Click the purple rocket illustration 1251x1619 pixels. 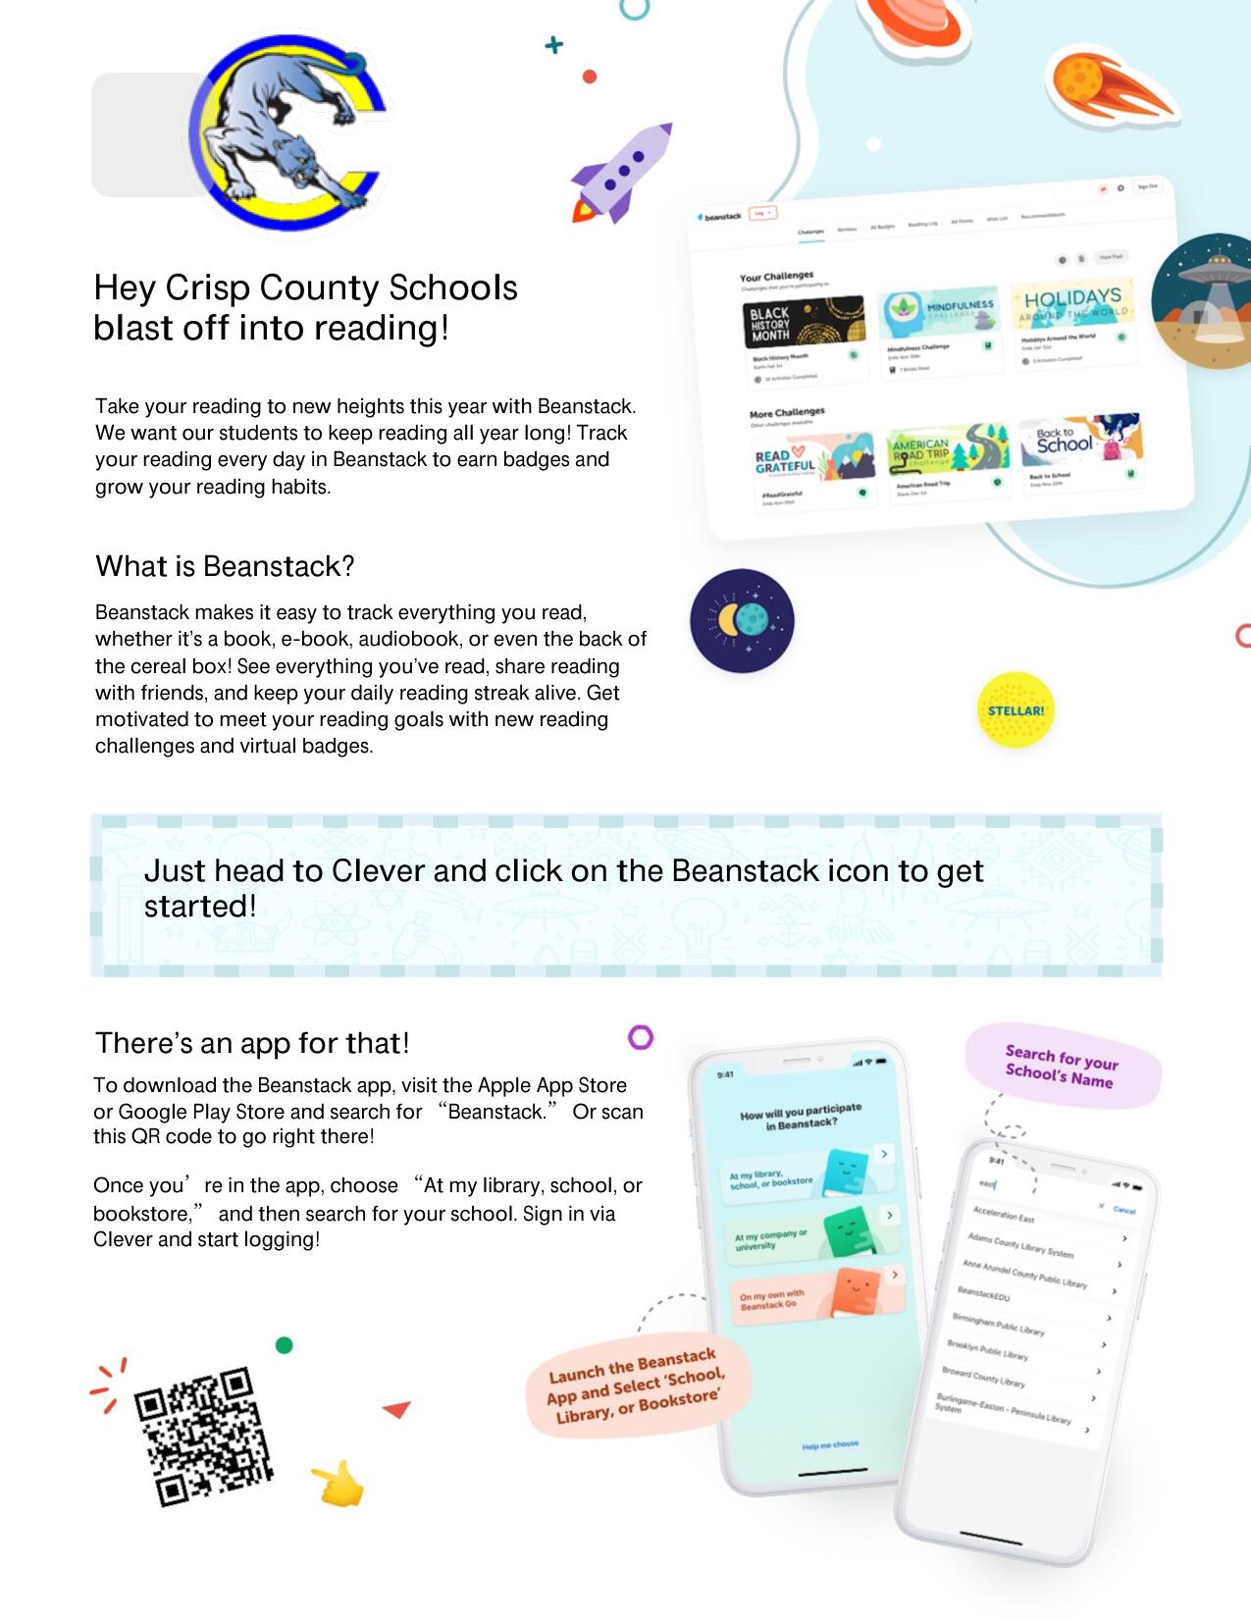tap(622, 174)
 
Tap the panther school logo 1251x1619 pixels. tap(287, 134)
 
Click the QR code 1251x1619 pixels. tap(203, 1436)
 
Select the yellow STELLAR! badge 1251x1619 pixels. tap(1016, 710)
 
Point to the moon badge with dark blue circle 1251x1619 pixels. tap(742, 620)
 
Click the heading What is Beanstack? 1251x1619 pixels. tap(225, 566)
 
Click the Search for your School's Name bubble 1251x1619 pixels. tap(1062, 1067)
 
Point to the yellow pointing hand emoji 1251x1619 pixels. tap(339, 1484)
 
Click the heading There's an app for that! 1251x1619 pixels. tap(252, 1042)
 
